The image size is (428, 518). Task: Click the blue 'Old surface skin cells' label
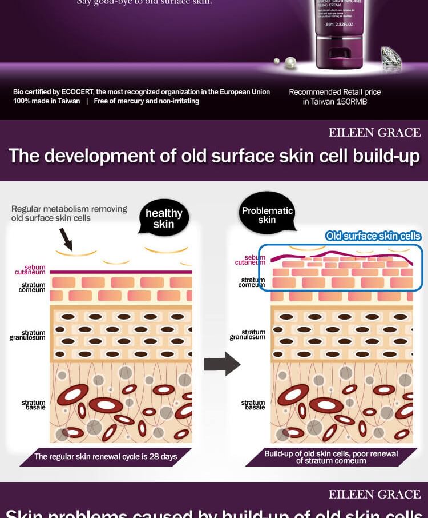[373, 236]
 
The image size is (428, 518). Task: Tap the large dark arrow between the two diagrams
[223, 364]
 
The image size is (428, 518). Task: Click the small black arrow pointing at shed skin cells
[64, 238]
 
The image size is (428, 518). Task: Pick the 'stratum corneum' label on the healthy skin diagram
[33, 287]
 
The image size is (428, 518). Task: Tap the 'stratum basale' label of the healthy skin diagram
[33, 405]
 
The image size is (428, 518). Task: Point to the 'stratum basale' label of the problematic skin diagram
[253, 405]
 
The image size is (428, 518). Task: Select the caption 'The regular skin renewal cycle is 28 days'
[106, 456]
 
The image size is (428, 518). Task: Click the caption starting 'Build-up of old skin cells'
[332, 457]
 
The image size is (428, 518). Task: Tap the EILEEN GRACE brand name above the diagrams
[374, 133]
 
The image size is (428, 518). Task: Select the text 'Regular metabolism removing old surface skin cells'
[69, 213]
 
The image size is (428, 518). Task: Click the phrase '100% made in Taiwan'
[47, 101]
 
